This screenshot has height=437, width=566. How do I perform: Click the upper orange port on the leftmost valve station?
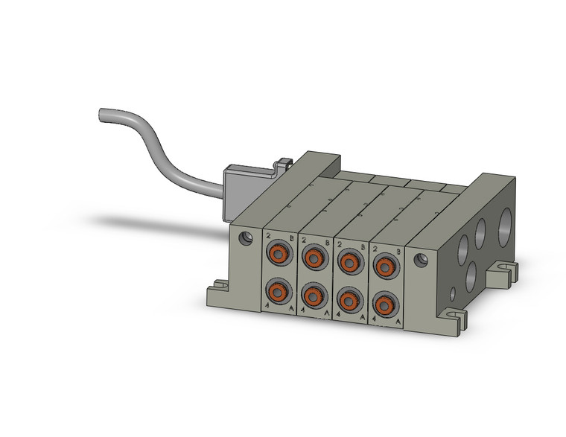[x=279, y=255]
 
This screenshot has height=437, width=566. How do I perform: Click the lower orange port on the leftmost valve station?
[x=279, y=289]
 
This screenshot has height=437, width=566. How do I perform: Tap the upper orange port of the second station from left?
[x=314, y=258]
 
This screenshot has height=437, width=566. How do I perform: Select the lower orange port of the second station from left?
[x=314, y=295]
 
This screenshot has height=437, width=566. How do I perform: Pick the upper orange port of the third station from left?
[x=349, y=261]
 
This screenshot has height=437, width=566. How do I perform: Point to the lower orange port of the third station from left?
[x=349, y=299]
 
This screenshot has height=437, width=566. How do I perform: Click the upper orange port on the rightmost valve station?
[x=384, y=265]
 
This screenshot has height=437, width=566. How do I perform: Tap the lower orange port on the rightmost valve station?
[x=384, y=304]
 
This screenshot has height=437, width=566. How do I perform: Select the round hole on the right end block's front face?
[x=422, y=261]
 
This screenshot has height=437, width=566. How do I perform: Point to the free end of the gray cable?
[x=102, y=115]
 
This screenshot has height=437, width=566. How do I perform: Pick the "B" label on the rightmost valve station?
[x=398, y=254]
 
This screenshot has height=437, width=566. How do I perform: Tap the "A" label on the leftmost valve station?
[x=290, y=305]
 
